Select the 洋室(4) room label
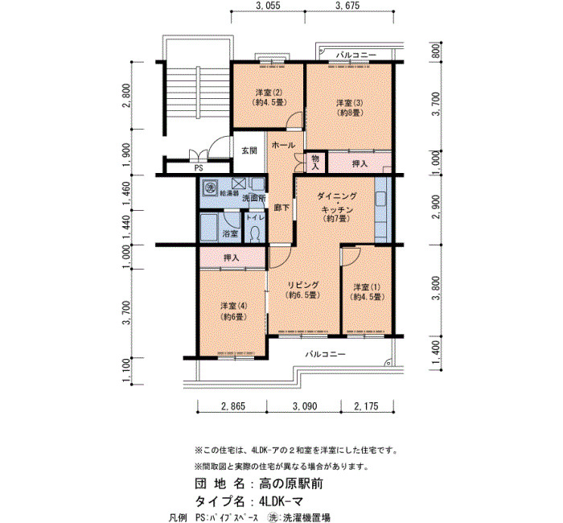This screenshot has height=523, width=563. coord(234,307)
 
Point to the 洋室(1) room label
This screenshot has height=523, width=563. coord(367,287)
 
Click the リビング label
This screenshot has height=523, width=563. coord(303,285)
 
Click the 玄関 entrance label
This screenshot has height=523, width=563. coord(249,150)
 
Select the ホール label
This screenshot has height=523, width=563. coord(283,145)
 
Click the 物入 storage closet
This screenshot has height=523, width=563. coord(315,163)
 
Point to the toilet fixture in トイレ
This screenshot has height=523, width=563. coord(255,234)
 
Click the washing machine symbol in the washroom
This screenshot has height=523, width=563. coord(209,187)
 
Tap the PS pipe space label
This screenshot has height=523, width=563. coord(199,168)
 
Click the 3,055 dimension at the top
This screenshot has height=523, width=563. coord(268,6)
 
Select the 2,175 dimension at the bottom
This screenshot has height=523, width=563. coord(366,406)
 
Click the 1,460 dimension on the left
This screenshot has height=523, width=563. coord(125,193)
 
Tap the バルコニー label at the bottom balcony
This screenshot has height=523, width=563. coord(325,355)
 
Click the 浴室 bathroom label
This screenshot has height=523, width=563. coord(231,234)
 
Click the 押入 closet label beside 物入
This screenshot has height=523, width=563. coord(360,164)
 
